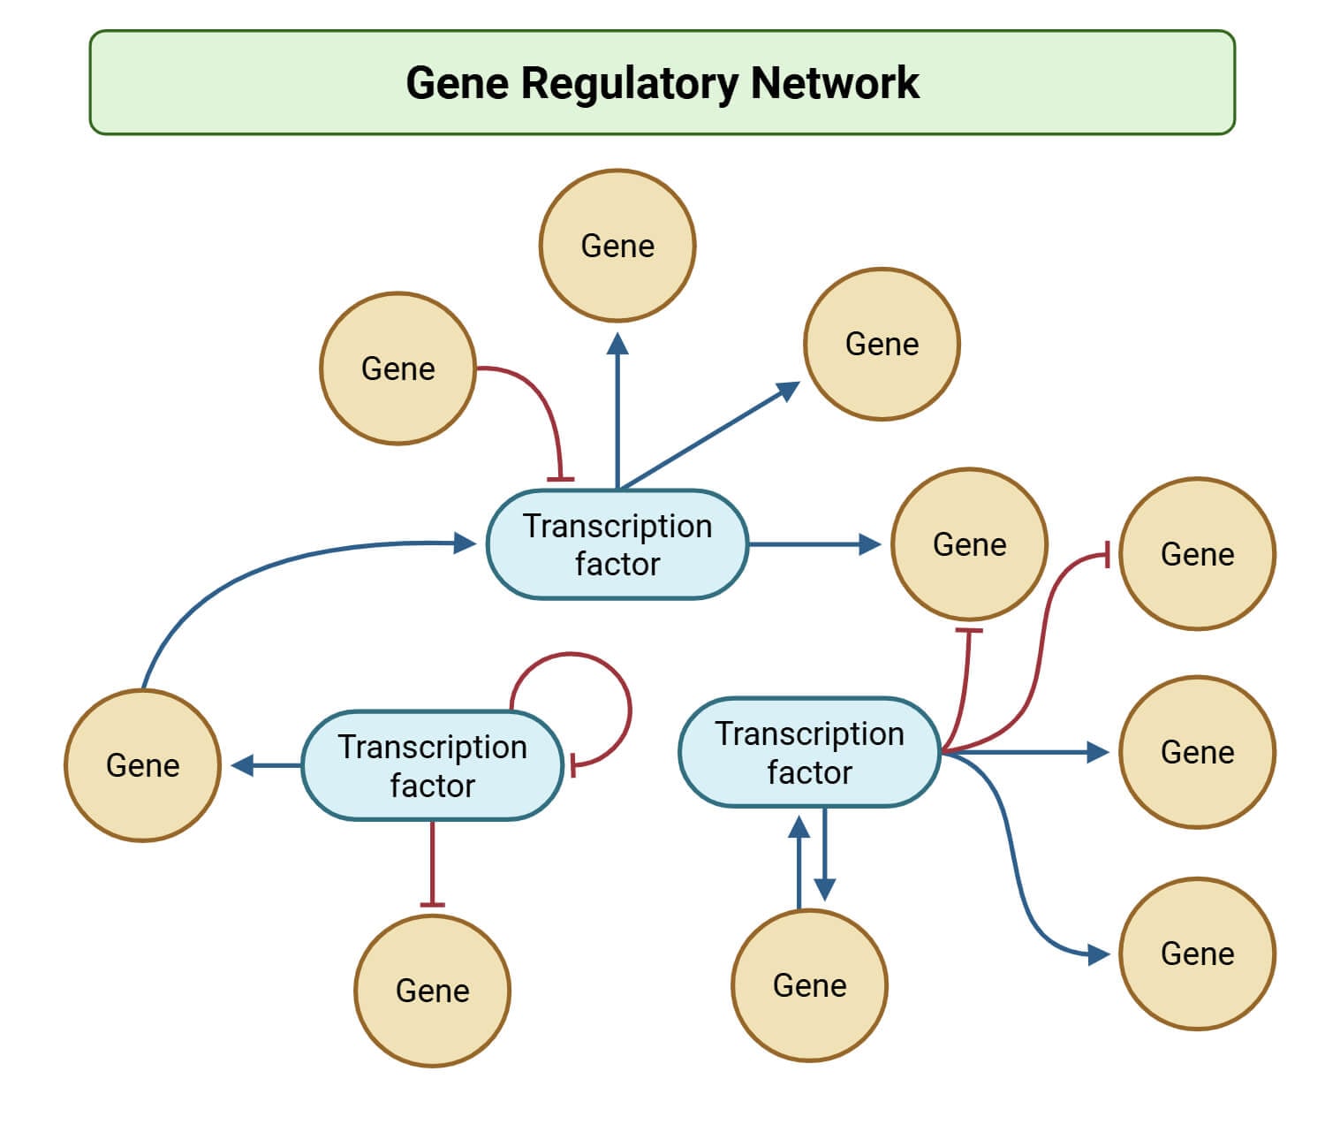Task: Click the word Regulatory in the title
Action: tap(629, 84)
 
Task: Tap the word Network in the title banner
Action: tap(835, 83)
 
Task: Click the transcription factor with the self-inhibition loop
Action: tap(432, 765)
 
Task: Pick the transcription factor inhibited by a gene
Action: tap(617, 544)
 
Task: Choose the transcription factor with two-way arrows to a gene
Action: tap(809, 752)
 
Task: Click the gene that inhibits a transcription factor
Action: tap(397, 368)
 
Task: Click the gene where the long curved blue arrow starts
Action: tap(142, 765)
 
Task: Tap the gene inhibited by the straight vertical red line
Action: tap(432, 990)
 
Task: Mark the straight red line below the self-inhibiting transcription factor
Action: tap(432, 862)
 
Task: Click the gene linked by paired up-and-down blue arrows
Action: tap(809, 984)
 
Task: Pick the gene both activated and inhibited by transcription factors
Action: tap(969, 544)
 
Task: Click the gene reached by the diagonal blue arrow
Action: tap(882, 344)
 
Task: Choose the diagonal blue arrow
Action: tap(707, 437)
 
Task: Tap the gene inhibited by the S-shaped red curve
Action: tap(1197, 554)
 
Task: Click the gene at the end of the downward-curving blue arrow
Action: tap(1197, 953)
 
